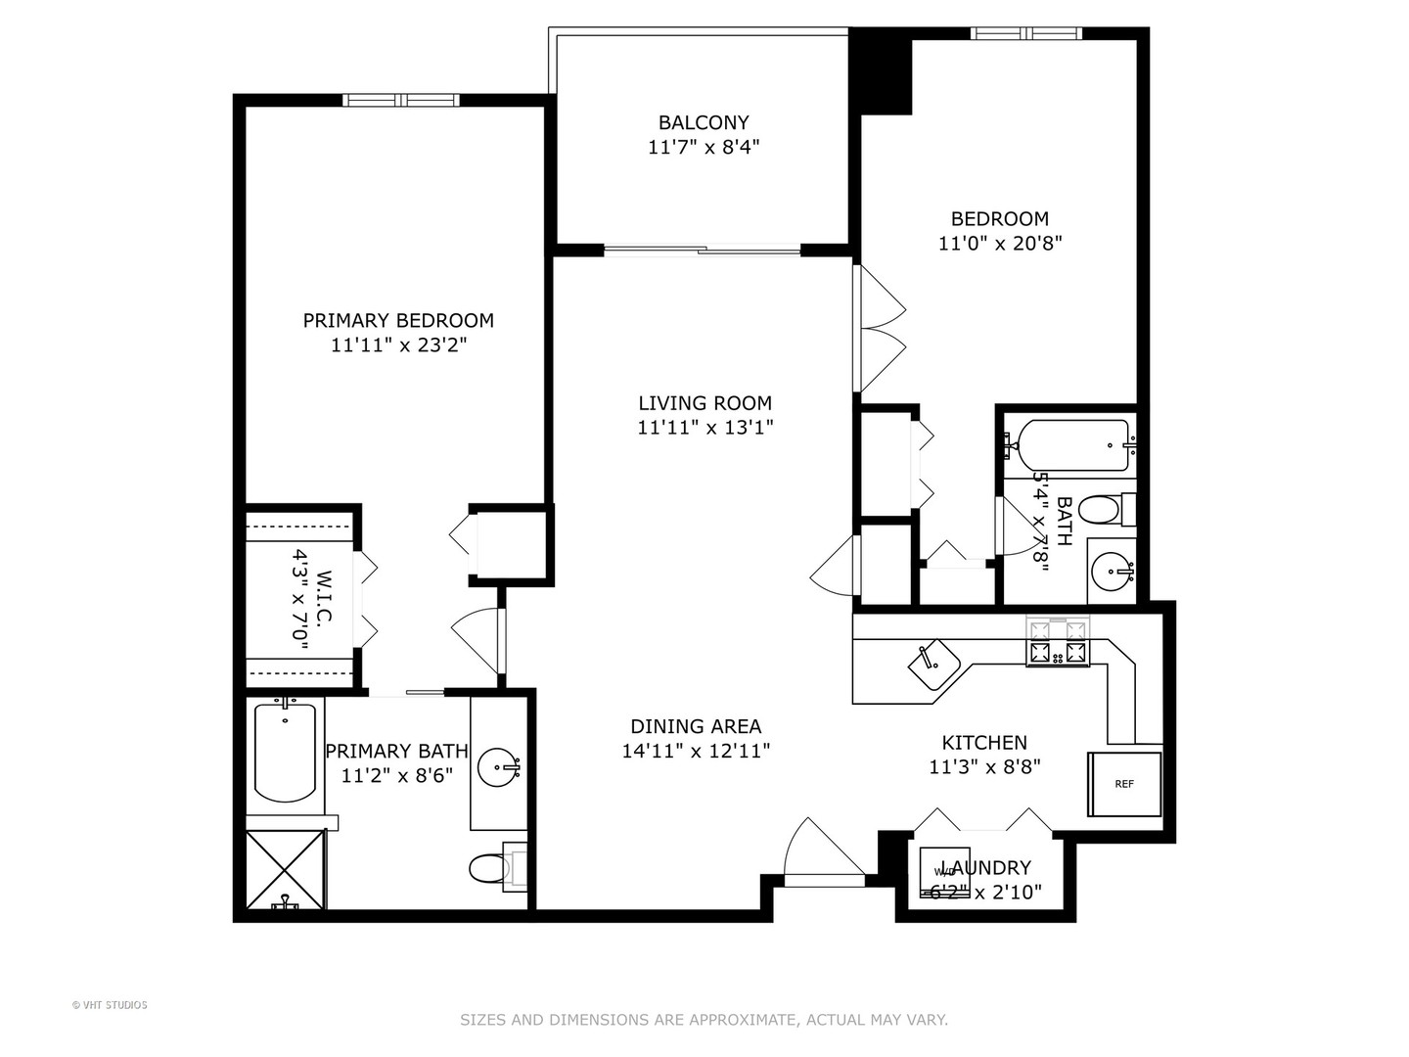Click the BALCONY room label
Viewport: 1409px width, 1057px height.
coord(703,122)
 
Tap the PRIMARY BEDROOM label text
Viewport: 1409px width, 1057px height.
coord(397,320)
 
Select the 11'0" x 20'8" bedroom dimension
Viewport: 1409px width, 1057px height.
coord(999,244)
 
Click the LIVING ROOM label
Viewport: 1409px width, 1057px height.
coord(704,402)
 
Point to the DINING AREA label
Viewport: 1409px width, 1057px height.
coord(695,726)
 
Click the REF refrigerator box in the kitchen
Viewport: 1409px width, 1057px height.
coord(1124,784)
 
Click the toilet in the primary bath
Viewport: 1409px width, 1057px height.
coord(488,867)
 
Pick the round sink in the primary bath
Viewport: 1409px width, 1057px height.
coord(498,766)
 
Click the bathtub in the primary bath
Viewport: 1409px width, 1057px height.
coord(285,751)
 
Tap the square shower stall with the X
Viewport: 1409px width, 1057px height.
coord(284,869)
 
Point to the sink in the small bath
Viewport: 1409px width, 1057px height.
coord(1112,572)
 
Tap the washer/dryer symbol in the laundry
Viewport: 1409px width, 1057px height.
coord(944,870)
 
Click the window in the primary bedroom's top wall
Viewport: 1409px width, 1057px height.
coord(401,100)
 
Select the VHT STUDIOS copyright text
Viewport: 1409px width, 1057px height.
coord(110,1005)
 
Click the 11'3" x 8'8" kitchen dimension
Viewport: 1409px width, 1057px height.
coord(983,767)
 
